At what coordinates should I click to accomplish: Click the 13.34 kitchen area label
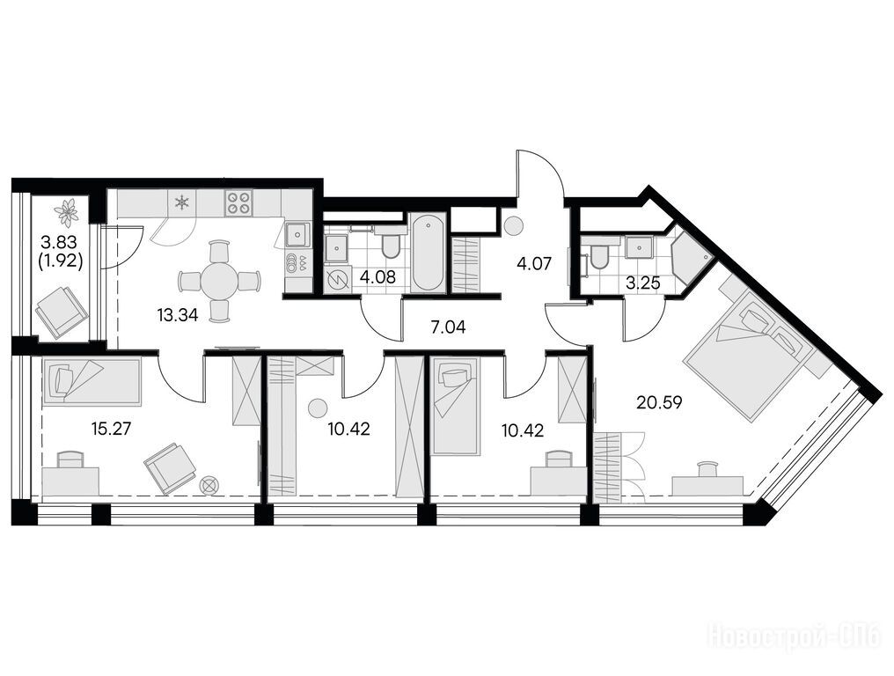pyautogui.click(x=178, y=314)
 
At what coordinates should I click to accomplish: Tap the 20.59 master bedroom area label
pyautogui.click(x=659, y=403)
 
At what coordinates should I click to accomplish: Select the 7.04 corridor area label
pyautogui.click(x=449, y=327)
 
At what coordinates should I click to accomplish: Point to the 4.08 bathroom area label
pyautogui.click(x=377, y=280)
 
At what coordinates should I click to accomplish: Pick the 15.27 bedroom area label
pyautogui.click(x=111, y=429)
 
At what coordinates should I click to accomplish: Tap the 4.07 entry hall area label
pyautogui.click(x=533, y=264)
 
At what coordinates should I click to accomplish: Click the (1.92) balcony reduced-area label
pyautogui.click(x=61, y=261)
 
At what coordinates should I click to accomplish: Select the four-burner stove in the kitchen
pyautogui.click(x=239, y=203)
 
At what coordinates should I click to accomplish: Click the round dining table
pyautogui.click(x=219, y=281)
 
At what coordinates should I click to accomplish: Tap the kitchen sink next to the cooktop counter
pyautogui.click(x=297, y=234)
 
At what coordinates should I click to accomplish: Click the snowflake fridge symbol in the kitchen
pyautogui.click(x=182, y=202)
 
